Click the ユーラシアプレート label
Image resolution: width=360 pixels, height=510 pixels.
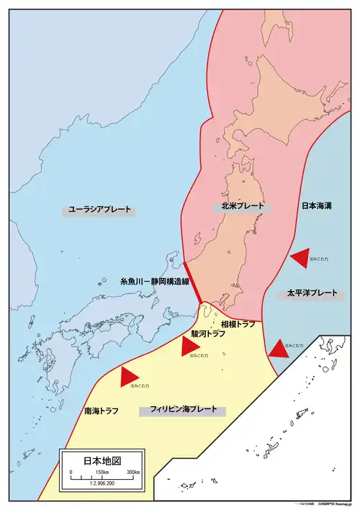pos(100,210)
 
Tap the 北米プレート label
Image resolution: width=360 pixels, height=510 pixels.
pos(238,206)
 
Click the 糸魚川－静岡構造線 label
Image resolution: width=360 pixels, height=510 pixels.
pos(154,283)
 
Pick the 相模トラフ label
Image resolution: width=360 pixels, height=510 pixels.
pos(238,325)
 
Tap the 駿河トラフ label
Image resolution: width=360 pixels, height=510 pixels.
pos(208,334)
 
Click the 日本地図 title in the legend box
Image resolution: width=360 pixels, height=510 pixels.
pos(102,460)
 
